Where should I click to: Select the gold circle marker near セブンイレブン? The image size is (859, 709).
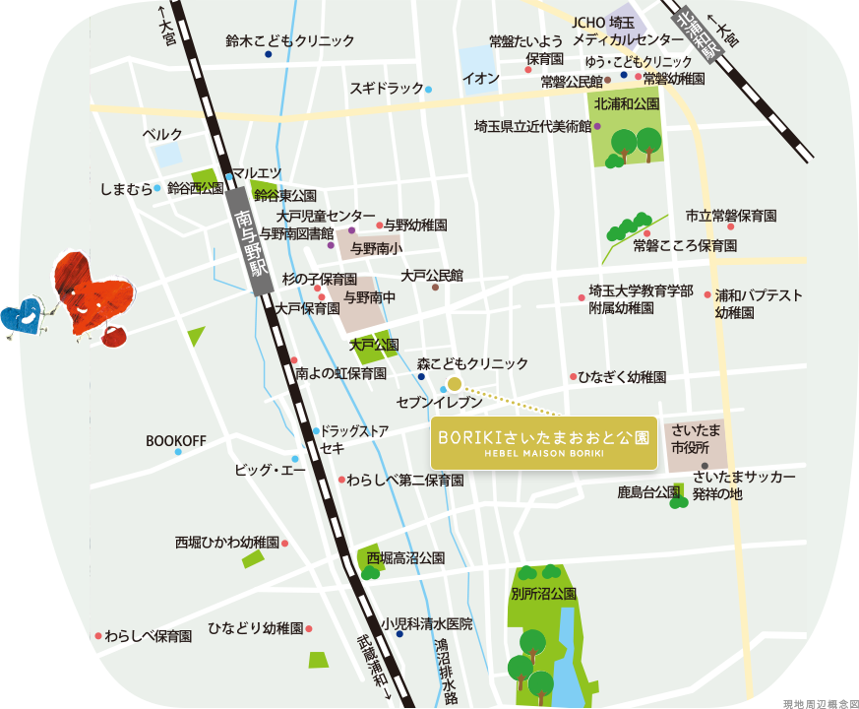[455, 384]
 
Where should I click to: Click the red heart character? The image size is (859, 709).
[83, 291]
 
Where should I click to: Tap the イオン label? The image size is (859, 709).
[481, 79]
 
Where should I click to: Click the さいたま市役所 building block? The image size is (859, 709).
[697, 442]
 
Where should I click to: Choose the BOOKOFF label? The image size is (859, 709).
[176, 440]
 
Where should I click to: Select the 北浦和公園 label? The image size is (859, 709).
[627, 103]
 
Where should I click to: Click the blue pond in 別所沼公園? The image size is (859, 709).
[568, 655]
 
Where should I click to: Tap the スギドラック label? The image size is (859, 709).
[387, 89]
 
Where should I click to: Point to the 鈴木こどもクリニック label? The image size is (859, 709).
[289, 41]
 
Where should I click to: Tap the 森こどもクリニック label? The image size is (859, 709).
[472, 364]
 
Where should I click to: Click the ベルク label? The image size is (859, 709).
[162, 134]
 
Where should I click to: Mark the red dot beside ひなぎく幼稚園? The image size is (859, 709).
[573, 376]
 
